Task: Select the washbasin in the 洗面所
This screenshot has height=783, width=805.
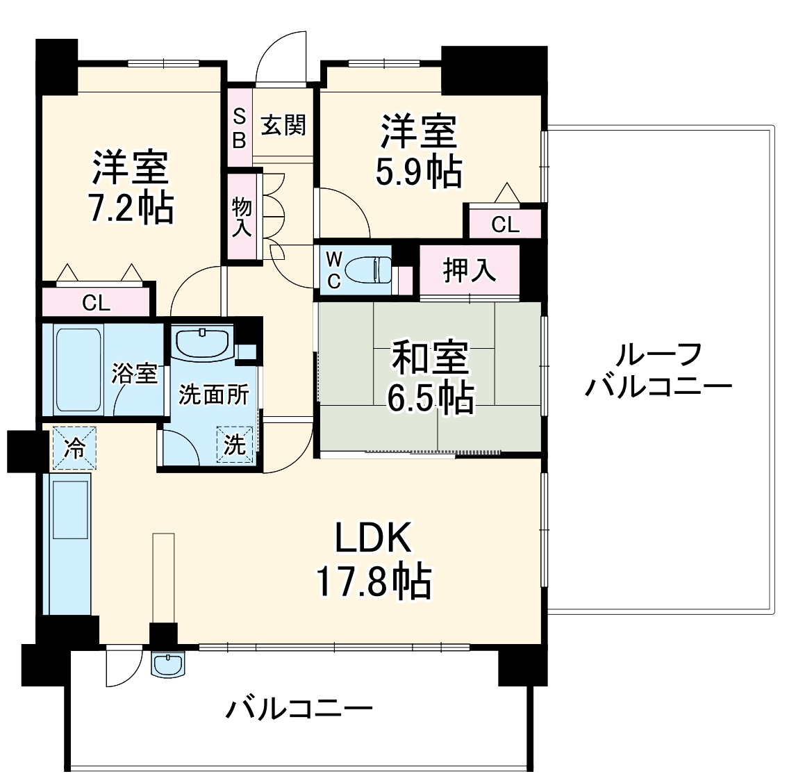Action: pos(202,343)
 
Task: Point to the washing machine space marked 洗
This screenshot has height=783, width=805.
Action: pos(235,444)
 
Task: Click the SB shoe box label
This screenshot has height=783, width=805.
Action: pos(238,128)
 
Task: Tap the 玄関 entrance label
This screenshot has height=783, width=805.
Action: pos(283,125)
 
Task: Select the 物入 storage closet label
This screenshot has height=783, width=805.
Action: pos(242,217)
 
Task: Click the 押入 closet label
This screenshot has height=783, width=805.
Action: pos(470,270)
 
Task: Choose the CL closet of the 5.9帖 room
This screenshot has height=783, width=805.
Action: pos(505,224)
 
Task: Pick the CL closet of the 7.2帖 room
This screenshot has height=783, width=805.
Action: pos(96,303)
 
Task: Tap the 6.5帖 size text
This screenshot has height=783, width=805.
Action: pos(431,398)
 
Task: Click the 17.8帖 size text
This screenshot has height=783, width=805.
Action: pos(374,582)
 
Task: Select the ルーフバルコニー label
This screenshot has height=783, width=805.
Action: pos(658,370)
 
